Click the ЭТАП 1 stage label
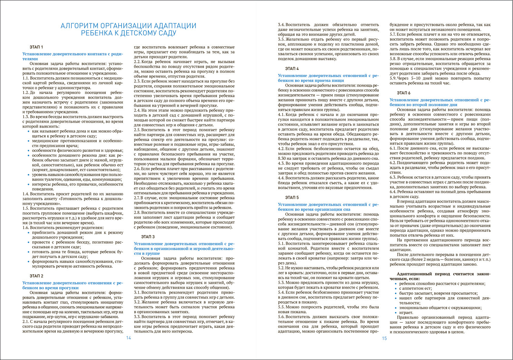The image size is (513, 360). tap(36, 47)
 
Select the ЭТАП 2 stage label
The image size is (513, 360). tap(36, 276)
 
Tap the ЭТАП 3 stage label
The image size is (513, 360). tap(148, 237)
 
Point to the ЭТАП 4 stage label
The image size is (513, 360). tap(292, 69)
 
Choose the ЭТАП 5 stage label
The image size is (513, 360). tap(292, 198)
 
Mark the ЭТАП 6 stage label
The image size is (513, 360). tap(404, 93)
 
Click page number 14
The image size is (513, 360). tap(128, 338)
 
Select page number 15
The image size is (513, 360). tap(384, 338)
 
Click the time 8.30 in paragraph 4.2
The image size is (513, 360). tap(283, 158)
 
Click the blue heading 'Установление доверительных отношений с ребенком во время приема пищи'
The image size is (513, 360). tap(328, 78)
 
